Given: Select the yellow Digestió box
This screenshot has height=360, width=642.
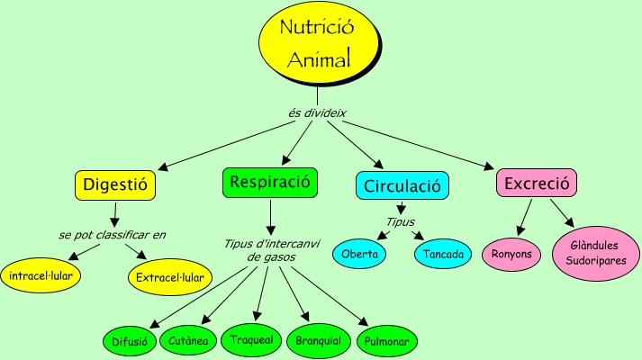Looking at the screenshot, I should click(114, 185).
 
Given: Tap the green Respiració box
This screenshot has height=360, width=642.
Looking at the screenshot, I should click(270, 182).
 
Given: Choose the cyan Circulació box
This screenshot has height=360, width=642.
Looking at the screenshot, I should click(402, 186).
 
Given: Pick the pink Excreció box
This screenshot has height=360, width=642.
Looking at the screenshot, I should click(537, 184).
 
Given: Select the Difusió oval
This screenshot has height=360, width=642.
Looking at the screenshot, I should click(129, 341).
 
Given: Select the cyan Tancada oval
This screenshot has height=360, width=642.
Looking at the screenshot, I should click(444, 255).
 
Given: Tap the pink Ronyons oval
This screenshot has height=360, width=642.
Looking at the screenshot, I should click(511, 255).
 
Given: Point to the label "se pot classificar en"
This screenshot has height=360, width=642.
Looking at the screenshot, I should click(113, 235).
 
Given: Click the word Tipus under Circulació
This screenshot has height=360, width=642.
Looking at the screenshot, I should click(401, 220).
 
